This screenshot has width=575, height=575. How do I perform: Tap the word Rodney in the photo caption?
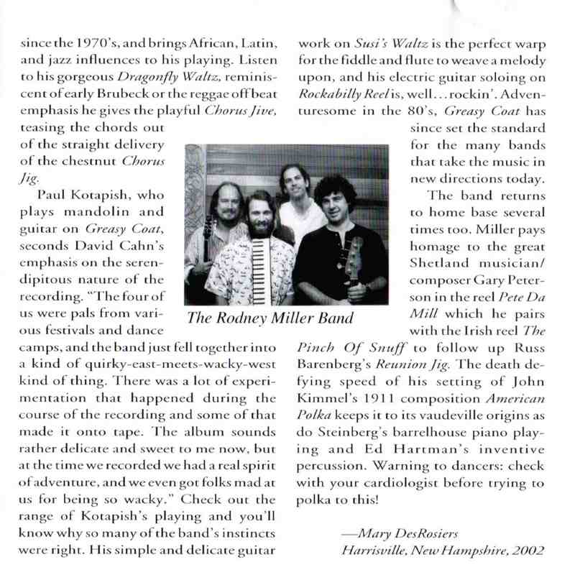click(x=251, y=317)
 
